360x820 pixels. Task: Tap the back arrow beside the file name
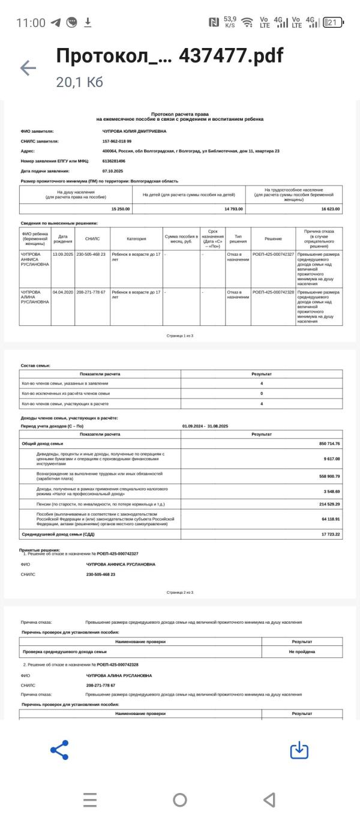[x=28, y=68]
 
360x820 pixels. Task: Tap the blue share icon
[x=59, y=750]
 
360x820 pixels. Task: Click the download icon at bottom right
[x=299, y=750]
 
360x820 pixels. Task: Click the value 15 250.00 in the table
[x=121, y=208]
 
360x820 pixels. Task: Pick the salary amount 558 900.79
[x=329, y=476]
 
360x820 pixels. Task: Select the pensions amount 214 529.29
[x=329, y=504]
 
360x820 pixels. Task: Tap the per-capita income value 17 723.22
[x=330, y=534]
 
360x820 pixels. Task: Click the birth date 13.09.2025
[x=62, y=255]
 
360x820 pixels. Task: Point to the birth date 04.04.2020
[x=62, y=292]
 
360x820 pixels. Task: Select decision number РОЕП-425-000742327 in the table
[x=273, y=255]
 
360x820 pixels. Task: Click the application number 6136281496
[x=114, y=161]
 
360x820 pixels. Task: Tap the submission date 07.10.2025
[x=113, y=171]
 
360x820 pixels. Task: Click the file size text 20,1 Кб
[x=79, y=82]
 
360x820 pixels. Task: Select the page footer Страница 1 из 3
[x=180, y=336]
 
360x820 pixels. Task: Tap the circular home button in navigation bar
[x=180, y=800]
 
